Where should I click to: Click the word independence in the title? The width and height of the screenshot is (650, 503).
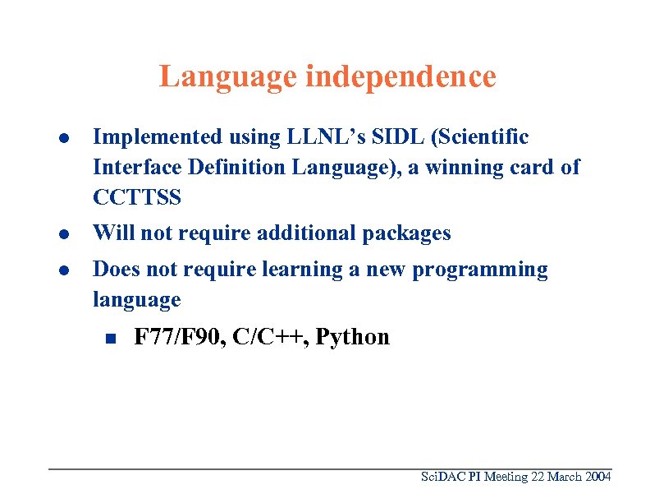401,76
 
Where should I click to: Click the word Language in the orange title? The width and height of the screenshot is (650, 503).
228,76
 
